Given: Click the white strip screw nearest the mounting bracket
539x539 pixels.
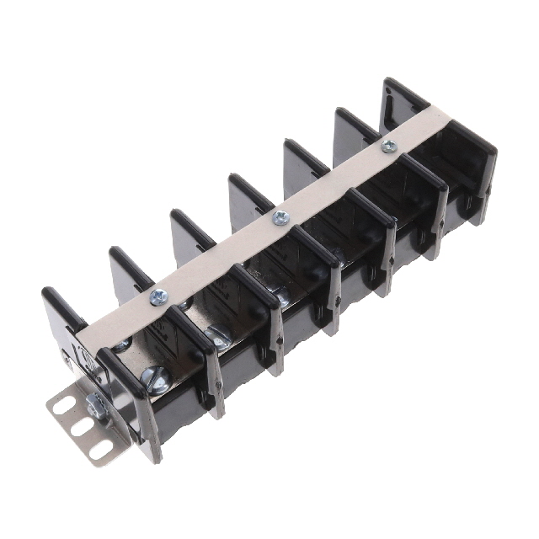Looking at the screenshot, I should pyautogui.click(x=157, y=296).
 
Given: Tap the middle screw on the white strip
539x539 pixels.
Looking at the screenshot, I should pyautogui.click(x=281, y=217).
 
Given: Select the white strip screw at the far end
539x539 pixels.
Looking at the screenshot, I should pyautogui.click(x=388, y=147).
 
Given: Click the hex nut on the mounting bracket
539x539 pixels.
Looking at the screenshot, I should pyautogui.click(x=95, y=410).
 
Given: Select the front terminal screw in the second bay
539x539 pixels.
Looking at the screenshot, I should pyautogui.click(x=216, y=339).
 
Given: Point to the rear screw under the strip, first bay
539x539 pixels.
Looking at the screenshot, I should pyautogui.click(x=121, y=345).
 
